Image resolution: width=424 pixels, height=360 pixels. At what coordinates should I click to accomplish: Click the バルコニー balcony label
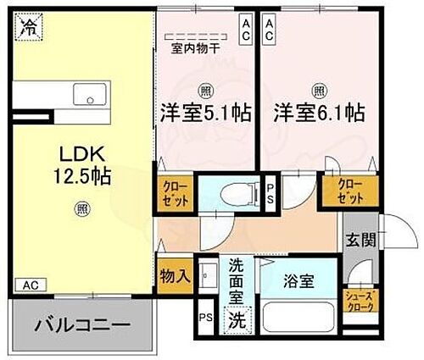point(82,325)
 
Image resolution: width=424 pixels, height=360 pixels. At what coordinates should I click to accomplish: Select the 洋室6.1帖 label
point(319,112)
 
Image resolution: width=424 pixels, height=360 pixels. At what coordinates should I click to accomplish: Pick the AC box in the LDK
point(31,285)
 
